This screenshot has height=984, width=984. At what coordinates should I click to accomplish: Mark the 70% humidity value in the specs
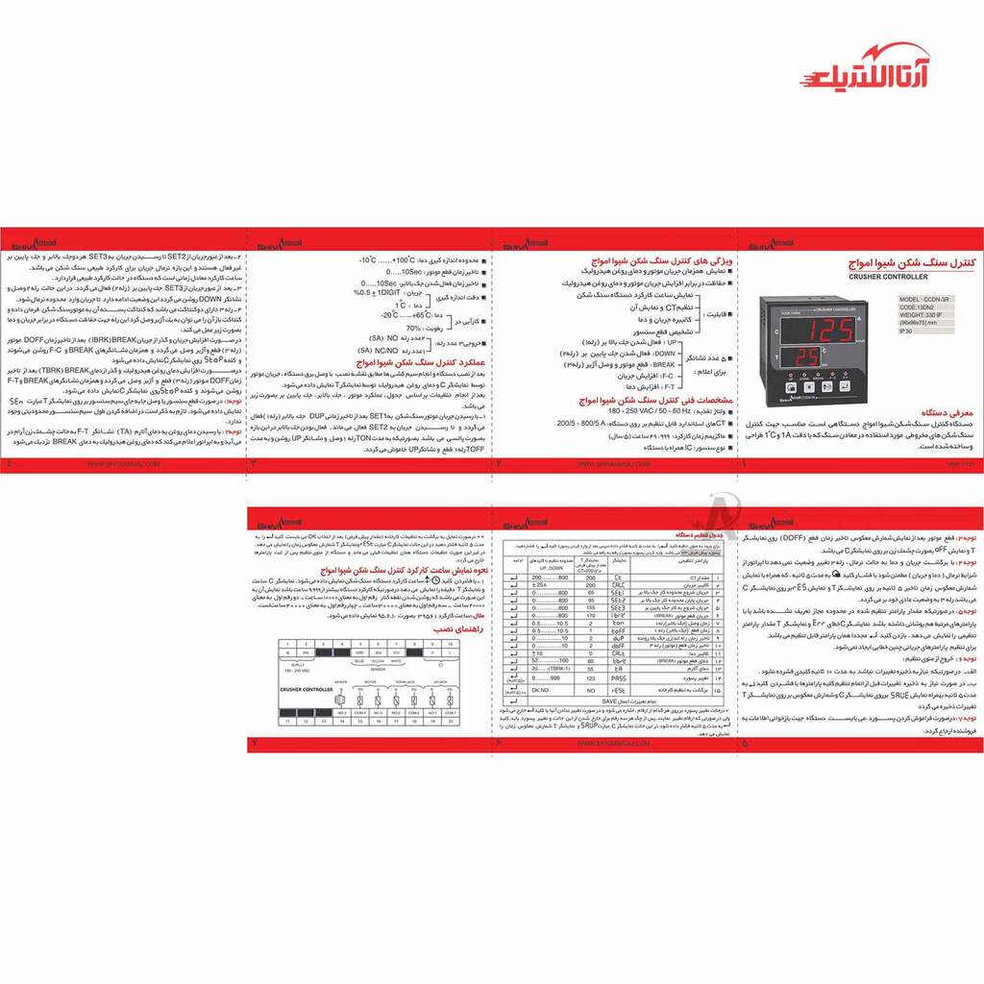pyautogui.click(x=414, y=328)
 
